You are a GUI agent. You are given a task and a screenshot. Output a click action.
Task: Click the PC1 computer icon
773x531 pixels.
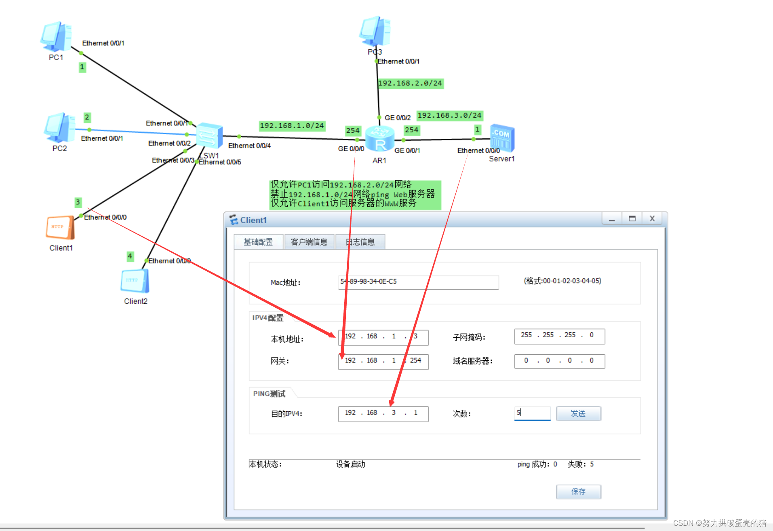pos(56,37)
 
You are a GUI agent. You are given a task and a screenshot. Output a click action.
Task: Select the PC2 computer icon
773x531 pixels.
pos(59,128)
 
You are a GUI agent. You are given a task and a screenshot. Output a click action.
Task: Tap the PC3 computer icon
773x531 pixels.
pos(375,31)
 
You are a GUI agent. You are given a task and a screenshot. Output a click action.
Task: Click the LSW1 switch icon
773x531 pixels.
pos(209,135)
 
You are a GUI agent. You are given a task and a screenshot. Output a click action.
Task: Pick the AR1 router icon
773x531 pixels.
pos(379,138)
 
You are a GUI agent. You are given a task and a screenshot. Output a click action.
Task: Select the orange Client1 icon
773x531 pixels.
pos(60,228)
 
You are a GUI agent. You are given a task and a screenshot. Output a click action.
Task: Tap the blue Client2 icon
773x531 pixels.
pos(135,281)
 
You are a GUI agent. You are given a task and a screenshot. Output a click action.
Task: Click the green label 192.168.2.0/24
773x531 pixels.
pos(410,83)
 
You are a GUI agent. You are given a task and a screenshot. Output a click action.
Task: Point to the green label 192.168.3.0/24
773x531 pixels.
pos(449,116)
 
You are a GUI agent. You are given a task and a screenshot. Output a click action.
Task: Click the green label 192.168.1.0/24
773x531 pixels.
pos(292,126)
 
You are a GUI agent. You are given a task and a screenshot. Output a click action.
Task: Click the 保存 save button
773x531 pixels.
pos(578,492)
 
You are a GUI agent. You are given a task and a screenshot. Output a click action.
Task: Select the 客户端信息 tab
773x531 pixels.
pos(309,242)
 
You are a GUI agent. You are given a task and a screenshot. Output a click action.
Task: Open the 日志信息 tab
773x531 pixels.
pos(360,242)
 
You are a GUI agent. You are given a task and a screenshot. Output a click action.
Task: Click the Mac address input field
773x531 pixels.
pos(418,282)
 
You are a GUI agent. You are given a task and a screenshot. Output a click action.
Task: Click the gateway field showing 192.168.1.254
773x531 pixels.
pos(383,361)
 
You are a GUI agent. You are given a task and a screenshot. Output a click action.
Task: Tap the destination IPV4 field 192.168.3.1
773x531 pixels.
pos(383,413)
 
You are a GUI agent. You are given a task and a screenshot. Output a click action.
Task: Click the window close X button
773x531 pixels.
pos(652,219)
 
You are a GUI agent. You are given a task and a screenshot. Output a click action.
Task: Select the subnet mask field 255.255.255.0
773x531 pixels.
pos(559,336)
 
